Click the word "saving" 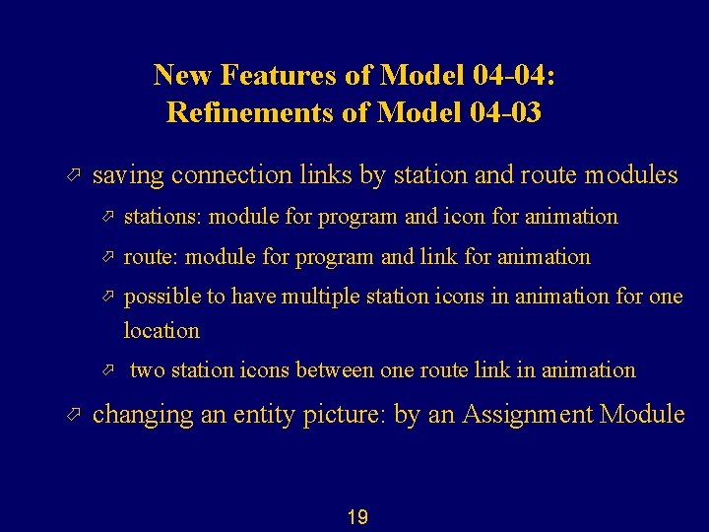[x=128, y=176]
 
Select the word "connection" [x=231, y=176]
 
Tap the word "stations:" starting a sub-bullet [x=163, y=217]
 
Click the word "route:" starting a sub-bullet [x=152, y=257]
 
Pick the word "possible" [x=161, y=298]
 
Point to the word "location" [x=161, y=330]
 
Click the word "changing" [x=143, y=415]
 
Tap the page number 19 [x=357, y=516]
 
